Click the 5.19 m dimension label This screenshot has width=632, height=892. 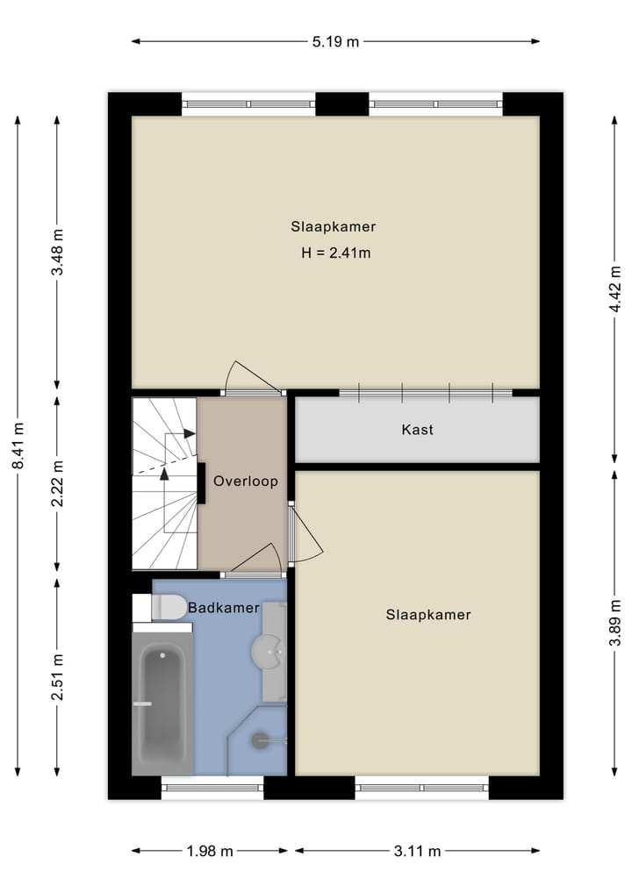pos(336,41)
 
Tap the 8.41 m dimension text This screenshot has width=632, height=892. pos(18,446)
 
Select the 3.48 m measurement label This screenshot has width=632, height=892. pos(58,252)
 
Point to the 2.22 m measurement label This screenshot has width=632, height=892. pos(58,483)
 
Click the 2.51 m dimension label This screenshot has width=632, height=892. pos(58,677)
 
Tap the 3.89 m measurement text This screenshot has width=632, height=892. pos(616,623)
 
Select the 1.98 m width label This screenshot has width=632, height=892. pos(211,851)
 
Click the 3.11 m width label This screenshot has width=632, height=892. pos(417,851)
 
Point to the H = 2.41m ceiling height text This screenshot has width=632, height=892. pos(334,253)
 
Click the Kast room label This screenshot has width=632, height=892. pos(417,430)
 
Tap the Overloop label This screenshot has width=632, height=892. pos(246,481)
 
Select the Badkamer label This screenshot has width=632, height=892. pos(223,608)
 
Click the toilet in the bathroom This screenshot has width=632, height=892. pos(162,606)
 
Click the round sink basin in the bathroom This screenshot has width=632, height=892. pos(267,651)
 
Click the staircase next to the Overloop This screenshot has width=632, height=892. pos(164,482)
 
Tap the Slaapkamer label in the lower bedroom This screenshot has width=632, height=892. pos(428,615)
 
